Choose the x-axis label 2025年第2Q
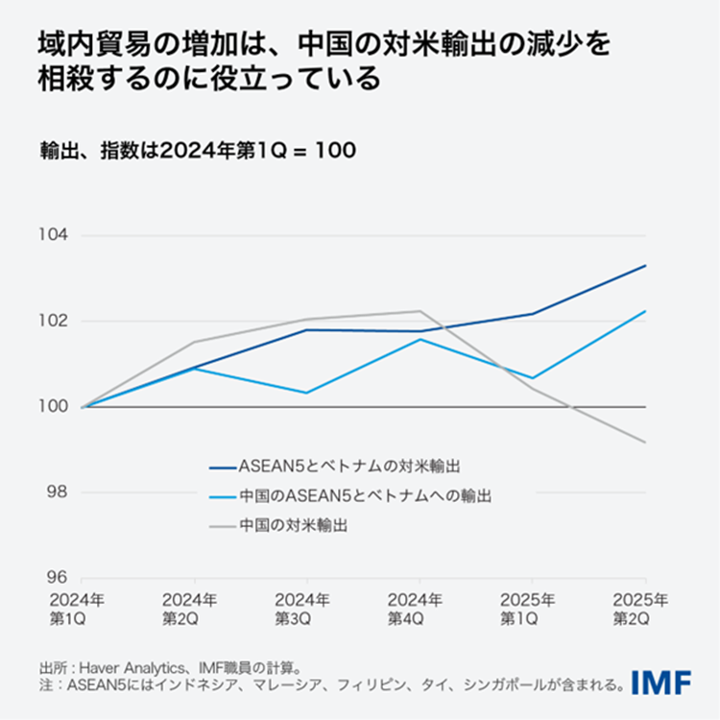pos(643,610)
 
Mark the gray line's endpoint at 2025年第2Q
pos(645,443)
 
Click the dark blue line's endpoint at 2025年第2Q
pos(645,266)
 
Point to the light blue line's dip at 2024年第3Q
pos(306,393)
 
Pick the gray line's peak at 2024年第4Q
pos(420,311)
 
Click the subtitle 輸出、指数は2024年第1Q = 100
pos(198,151)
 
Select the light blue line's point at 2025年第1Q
pos(532,378)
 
